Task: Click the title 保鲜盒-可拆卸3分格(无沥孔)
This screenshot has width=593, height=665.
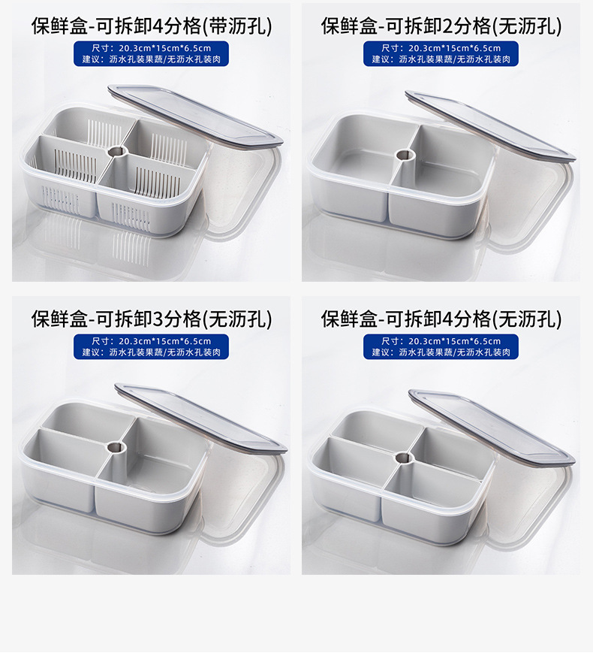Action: [x=151, y=319]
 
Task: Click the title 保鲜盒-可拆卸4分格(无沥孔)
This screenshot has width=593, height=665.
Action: [x=441, y=319]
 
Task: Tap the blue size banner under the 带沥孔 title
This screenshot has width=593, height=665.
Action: [x=151, y=53]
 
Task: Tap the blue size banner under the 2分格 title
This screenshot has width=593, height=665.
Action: [x=441, y=53]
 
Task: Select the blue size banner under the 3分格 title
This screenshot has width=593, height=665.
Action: [x=151, y=346]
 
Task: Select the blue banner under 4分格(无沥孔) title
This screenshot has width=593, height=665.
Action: [x=441, y=346]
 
